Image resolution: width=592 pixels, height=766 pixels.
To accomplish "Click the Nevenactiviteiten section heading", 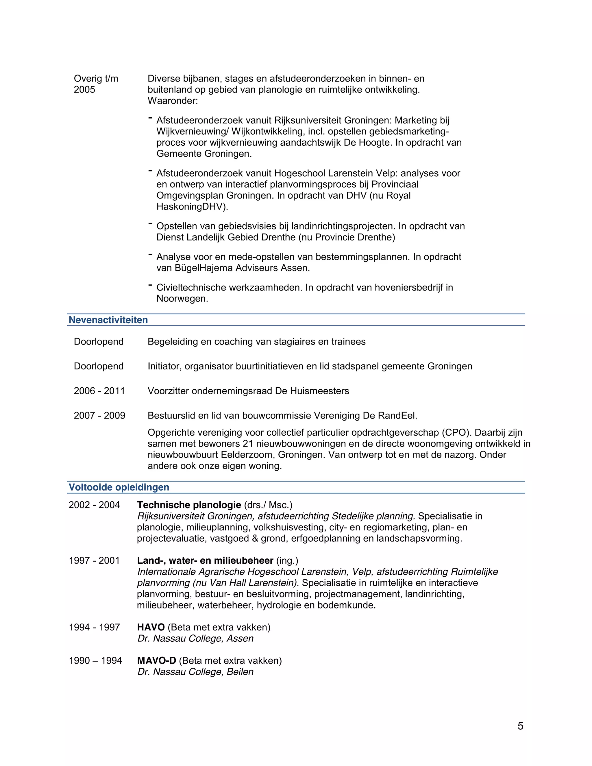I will (x=108, y=320).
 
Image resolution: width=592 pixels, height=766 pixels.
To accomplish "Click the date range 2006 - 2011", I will (x=99, y=391).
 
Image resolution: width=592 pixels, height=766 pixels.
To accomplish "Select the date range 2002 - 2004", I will (x=94, y=505).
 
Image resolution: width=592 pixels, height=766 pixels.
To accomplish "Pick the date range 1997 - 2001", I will (x=94, y=560).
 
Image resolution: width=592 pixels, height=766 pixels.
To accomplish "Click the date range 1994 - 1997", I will (x=94, y=627).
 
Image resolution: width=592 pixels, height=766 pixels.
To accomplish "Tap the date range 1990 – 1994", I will (x=95, y=660).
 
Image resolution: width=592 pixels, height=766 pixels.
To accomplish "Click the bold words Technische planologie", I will (x=189, y=505).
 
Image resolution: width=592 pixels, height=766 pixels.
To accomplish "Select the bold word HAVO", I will (x=151, y=627).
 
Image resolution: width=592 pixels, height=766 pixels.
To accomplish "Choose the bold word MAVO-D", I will (x=156, y=660).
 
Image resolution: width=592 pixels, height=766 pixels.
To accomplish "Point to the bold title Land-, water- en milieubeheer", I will (x=205, y=560).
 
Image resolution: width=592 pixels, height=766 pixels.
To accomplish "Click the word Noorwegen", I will (x=182, y=299).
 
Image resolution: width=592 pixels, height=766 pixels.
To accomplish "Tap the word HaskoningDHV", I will (x=192, y=207).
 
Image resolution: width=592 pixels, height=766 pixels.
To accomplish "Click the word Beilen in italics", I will (x=240, y=672).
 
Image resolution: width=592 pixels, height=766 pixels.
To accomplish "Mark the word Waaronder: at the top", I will (x=173, y=101).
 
